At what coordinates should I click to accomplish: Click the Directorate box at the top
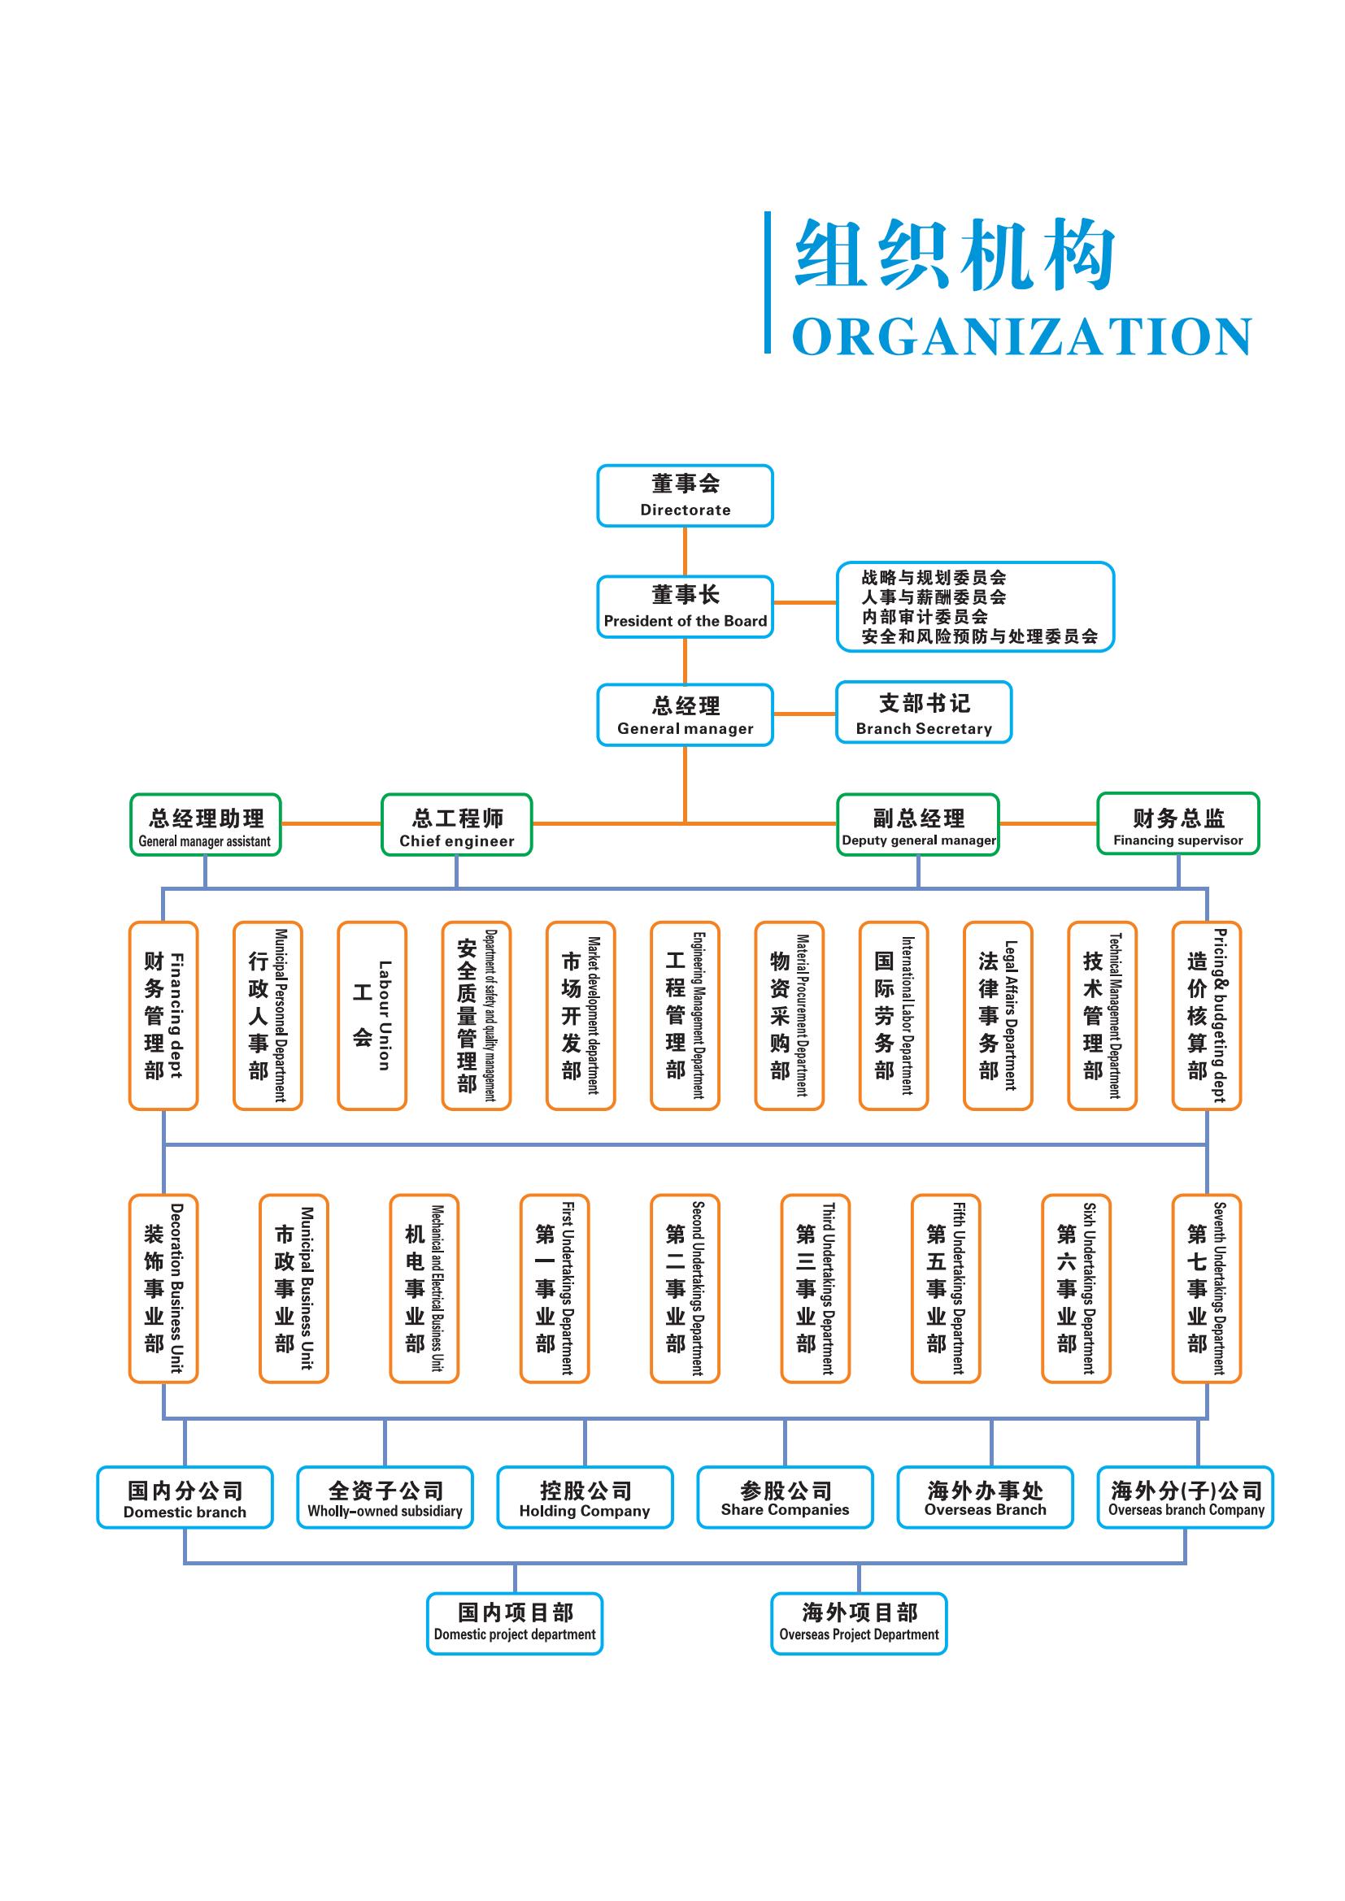[x=685, y=495]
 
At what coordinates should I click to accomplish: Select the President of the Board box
[x=685, y=606]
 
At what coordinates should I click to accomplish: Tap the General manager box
[x=685, y=714]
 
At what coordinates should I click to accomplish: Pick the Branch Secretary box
[x=924, y=712]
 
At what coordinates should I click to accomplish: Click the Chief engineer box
[x=456, y=825]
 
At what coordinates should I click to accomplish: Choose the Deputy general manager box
[x=917, y=825]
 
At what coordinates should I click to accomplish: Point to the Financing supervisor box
[x=1177, y=824]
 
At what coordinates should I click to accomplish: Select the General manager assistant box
[x=206, y=825]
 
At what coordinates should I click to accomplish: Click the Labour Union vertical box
[x=372, y=1015]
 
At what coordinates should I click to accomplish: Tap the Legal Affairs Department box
[x=998, y=1015]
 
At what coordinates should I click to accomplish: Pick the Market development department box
[x=581, y=1015]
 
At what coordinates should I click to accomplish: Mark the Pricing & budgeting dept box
[x=1207, y=1015]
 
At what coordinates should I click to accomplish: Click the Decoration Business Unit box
[x=163, y=1288]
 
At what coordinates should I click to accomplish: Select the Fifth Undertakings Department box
[x=946, y=1288]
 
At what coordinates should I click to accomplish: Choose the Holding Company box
[x=585, y=1497]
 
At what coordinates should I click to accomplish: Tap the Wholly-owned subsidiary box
[x=385, y=1497]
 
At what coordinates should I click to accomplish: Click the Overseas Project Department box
[x=859, y=1624]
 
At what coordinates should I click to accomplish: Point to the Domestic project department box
[x=514, y=1624]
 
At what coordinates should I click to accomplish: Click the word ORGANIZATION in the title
[x=1021, y=337]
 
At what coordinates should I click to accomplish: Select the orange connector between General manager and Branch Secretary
[x=804, y=714]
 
